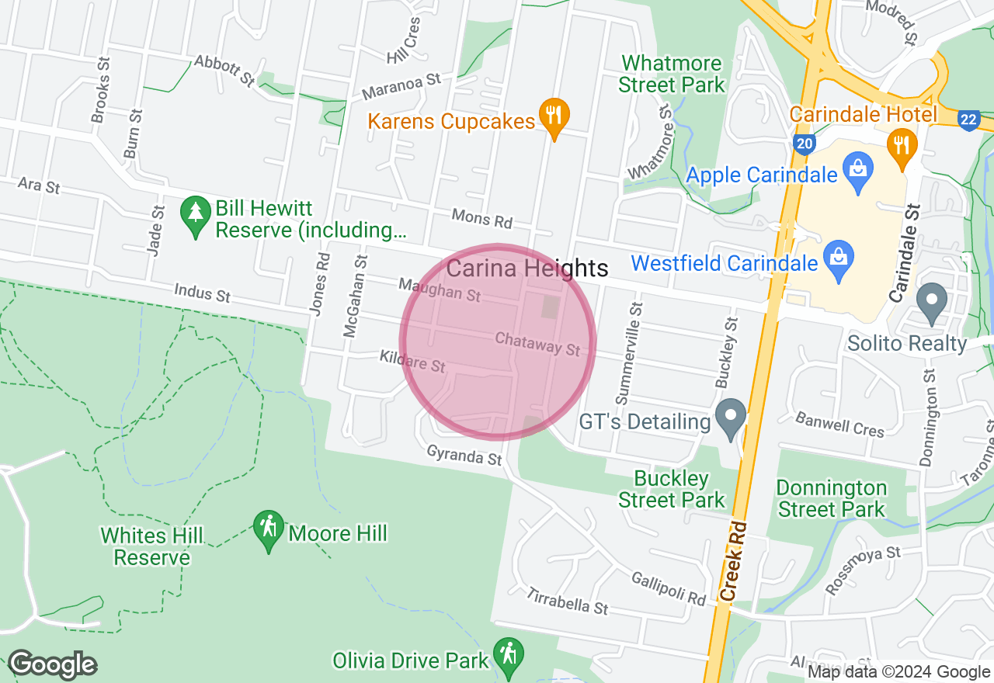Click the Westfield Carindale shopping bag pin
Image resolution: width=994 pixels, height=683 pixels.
(839, 257)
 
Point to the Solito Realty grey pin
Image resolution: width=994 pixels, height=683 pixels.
(931, 302)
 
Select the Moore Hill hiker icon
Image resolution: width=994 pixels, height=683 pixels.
(268, 529)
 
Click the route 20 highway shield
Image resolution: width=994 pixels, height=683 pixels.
(805, 144)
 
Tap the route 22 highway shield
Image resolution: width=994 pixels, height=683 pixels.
(968, 120)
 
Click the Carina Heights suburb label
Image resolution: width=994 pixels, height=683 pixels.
(527, 269)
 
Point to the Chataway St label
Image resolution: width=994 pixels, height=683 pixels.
(537, 345)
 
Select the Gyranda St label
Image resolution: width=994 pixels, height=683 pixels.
(464, 456)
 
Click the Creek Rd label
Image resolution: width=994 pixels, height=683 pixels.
(733, 560)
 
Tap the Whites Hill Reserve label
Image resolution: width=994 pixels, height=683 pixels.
(151, 546)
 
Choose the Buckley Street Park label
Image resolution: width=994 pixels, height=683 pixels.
(672, 489)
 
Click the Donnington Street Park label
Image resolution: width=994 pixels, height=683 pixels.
(832, 498)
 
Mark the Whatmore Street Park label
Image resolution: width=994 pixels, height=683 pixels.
(672, 74)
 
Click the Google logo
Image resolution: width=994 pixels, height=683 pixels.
(53, 664)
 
